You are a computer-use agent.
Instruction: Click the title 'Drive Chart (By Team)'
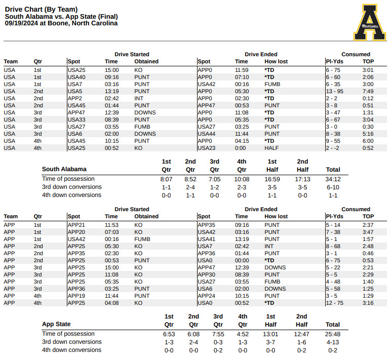pyautogui.click(x=42, y=9)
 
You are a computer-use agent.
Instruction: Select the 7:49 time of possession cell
pyautogui.click(x=368, y=91)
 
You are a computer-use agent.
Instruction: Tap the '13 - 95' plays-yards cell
pyautogui.click(x=335, y=91)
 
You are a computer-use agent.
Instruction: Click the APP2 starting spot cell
pyautogui.click(x=75, y=98)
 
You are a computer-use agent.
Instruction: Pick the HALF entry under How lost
pyautogui.click(x=271, y=148)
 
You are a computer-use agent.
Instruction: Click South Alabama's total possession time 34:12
pyautogui.click(x=333, y=179)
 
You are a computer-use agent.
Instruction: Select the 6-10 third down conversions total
pyautogui.click(x=333, y=187)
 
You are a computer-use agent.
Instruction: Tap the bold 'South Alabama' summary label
pyautogui.click(x=64, y=169)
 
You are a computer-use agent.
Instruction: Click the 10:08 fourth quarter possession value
pyautogui.click(x=242, y=179)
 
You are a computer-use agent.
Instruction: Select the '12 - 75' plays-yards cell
pyautogui.click(x=335, y=303)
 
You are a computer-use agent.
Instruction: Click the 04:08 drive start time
pyautogui.click(x=111, y=303)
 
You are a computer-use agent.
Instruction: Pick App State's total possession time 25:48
pyautogui.click(x=333, y=334)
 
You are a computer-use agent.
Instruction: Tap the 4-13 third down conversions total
pyautogui.click(x=333, y=342)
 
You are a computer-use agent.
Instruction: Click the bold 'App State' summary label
pyautogui.click(x=56, y=324)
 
